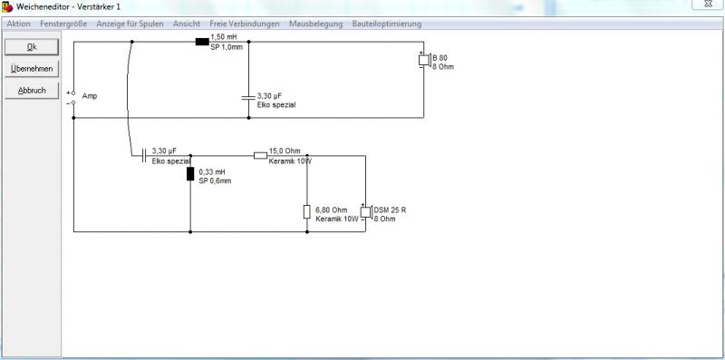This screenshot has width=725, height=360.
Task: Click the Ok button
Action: click(x=32, y=47)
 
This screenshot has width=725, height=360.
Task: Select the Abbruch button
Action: click(x=32, y=91)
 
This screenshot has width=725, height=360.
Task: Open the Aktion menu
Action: click(x=18, y=24)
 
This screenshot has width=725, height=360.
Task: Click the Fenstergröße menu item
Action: click(x=63, y=24)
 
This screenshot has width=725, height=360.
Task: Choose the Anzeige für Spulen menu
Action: click(x=130, y=24)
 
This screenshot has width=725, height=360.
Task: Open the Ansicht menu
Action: click(x=187, y=24)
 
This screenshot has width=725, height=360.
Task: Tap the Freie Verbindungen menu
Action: click(x=245, y=24)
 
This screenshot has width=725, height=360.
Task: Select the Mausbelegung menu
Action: click(x=316, y=24)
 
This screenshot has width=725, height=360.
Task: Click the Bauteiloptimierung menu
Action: click(x=387, y=24)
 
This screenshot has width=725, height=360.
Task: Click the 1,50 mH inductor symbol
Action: click(x=202, y=42)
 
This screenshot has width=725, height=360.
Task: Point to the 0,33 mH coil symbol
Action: click(x=190, y=173)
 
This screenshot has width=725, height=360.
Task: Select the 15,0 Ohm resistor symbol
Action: click(x=261, y=155)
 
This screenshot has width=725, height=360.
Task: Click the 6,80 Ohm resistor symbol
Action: click(x=306, y=211)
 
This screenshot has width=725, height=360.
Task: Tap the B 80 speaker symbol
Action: click(x=424, y=60)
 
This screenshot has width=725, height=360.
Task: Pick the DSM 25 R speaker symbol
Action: click(x=366, y=212)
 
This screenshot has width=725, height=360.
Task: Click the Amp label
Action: click(x=90, y=96)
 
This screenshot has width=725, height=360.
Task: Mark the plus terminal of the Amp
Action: click(x=73, y=93)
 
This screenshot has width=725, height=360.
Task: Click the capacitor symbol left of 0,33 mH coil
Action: click(x=144, y=155)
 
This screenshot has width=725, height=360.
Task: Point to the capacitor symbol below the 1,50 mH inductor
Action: click(x=248, y=97)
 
